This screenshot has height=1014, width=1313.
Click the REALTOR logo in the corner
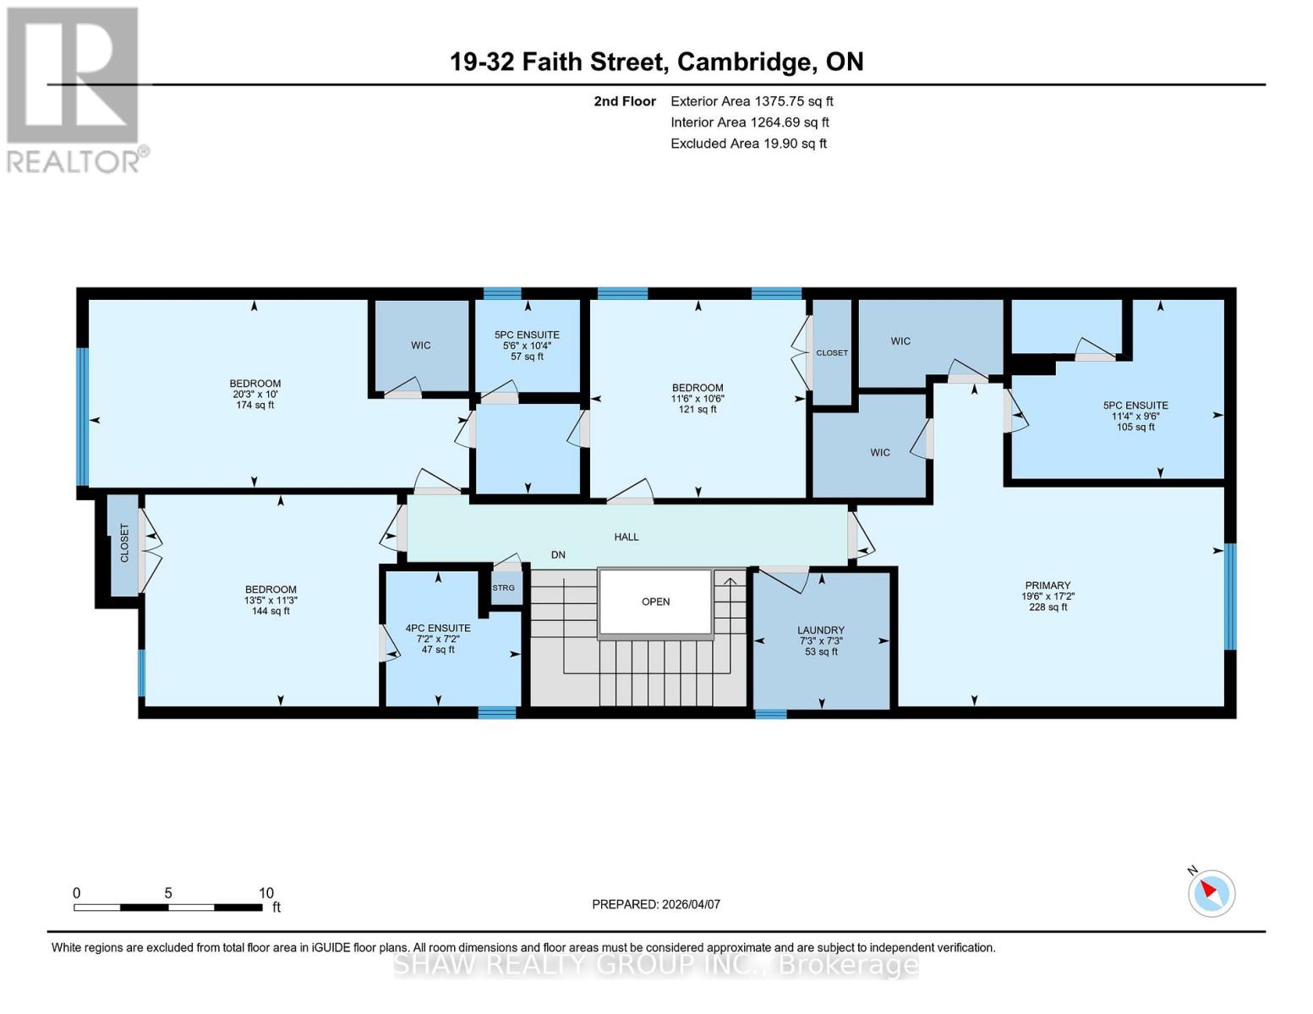coord(74,89)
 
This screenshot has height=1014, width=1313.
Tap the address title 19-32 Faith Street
coord(656,62)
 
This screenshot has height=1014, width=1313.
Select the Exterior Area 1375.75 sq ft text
coord(752,101)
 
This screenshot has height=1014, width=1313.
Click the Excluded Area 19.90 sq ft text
coord(748,144)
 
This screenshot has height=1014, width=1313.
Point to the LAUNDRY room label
coord(820,630)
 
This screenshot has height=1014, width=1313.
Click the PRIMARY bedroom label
coord(1048,586)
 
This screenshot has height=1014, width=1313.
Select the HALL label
coord(626,537)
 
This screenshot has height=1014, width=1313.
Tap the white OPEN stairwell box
coord(655,602)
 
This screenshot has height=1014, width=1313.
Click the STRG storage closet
coord(504,588)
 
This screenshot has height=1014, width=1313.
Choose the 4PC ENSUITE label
coord(438,628)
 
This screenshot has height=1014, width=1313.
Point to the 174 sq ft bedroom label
coord(254,394)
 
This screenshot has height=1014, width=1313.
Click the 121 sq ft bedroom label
coord(698,398)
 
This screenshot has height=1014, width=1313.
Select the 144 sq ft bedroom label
coord(271,600)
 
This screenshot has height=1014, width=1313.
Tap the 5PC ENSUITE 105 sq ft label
coord(1135,416)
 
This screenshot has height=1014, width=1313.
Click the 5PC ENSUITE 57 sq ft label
coord(527,346)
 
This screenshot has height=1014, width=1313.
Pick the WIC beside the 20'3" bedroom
coord(421,345)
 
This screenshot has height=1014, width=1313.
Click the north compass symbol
coord(1212,892)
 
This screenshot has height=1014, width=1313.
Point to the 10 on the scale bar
coord(266,893)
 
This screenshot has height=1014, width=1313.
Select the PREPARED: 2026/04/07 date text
coord(656,904)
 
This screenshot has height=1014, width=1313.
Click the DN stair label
coord(558,555)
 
